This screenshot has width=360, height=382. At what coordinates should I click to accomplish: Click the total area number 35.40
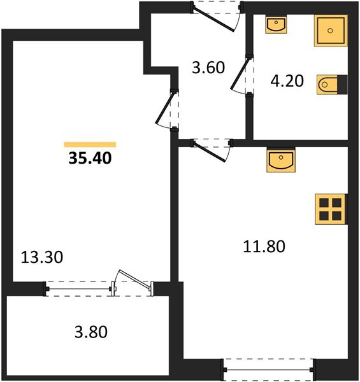point(90,158)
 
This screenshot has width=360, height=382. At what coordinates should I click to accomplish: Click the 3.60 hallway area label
point(209,67)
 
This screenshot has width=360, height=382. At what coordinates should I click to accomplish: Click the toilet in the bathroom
point(328,84)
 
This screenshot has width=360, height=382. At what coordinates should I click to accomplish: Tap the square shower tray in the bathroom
point(330,30)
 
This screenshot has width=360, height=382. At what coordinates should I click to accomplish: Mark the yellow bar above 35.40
point(90,145)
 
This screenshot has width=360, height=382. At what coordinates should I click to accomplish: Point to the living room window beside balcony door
point(80,288)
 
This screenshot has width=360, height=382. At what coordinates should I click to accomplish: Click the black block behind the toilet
point(343,84)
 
